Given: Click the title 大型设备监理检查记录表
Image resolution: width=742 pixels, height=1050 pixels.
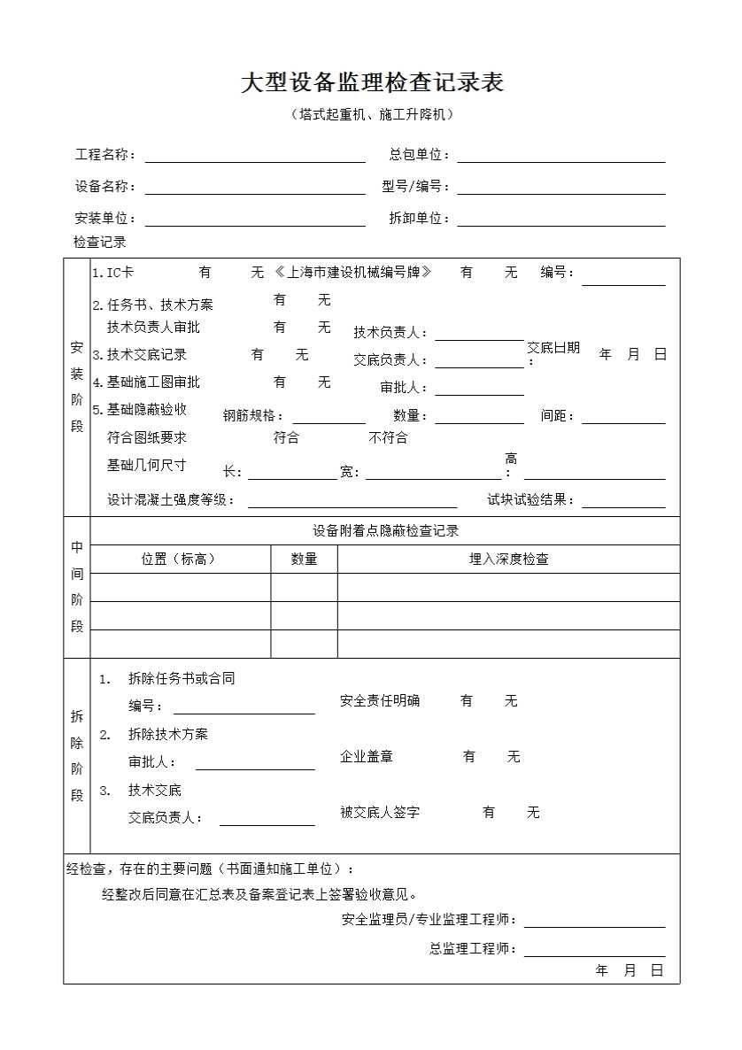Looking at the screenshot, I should pyautogui.click(x=372, y=83).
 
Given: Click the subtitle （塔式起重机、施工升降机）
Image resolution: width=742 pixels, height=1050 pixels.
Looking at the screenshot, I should pyautogui.click(x=372, y=114).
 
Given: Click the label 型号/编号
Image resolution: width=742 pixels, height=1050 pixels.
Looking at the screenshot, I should pyautogui.click(x=415, y=187).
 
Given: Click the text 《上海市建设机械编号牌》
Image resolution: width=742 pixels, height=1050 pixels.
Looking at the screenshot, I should pyautogui.click(x=353, y=273).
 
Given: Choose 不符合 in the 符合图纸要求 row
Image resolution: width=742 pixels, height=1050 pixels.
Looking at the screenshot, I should pyautogui.click(x=388, y=438).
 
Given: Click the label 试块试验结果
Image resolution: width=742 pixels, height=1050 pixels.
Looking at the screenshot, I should pyautogui.click(x=530, y=500).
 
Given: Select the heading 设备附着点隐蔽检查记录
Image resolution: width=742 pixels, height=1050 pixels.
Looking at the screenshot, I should pyautogui.click(x=385, y=531).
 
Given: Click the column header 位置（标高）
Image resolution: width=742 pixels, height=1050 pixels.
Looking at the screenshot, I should pyautogui.click(x=179, y=560).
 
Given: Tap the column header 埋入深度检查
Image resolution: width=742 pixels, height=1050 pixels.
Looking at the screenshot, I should pyautogui.click(x=508, y=560).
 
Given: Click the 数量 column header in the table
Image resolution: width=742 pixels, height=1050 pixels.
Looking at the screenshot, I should pyautogui.click(x=304, y=560).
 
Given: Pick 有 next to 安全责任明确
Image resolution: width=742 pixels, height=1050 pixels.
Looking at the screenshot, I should pyautogui.click(x=467, y=701).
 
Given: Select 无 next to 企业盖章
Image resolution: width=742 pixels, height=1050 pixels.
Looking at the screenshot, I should pyautogui.click(x=514, y=757).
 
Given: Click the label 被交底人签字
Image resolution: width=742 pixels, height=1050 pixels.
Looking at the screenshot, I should pyautogui.click(x=380, y=812).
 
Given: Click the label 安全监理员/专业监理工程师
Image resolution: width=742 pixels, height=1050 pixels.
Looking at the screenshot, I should pyautogui.click(x=429, y=921).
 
